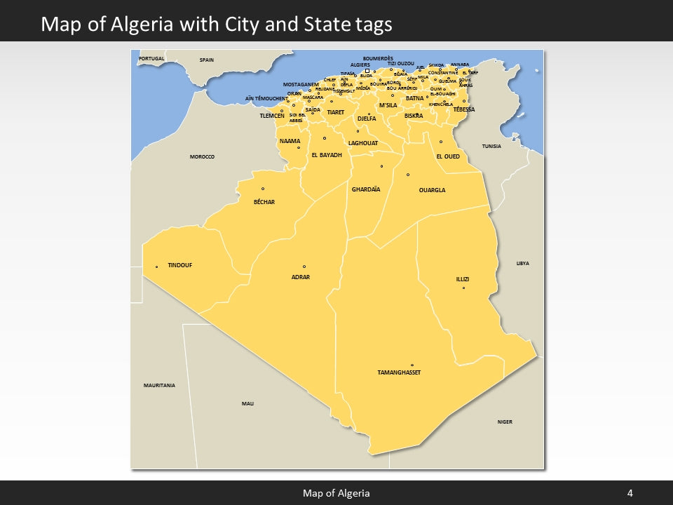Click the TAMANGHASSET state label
[x=399, y=372]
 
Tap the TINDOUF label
[x=179, y=265]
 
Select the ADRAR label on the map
[x=300, y=277]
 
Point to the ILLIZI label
[x=463, y=279]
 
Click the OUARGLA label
[x=432, y=190]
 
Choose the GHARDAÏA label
[x=365, y=189]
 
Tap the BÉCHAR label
[x=264, y=202]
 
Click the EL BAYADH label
[x=326, y=155]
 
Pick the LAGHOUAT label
[x=363, y=143]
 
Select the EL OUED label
[x=448, y=156]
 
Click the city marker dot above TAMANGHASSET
[x=412, y=365]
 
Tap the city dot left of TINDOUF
[x=156, y=267]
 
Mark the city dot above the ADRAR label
[x=304, y=267]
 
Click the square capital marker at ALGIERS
[x=367, y=70]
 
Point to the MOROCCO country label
[x=202, y=156]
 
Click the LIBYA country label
[x=522, y=263]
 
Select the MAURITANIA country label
[x=159, y=386]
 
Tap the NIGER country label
[x=505, y=422]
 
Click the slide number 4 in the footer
[x=630, y=493]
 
